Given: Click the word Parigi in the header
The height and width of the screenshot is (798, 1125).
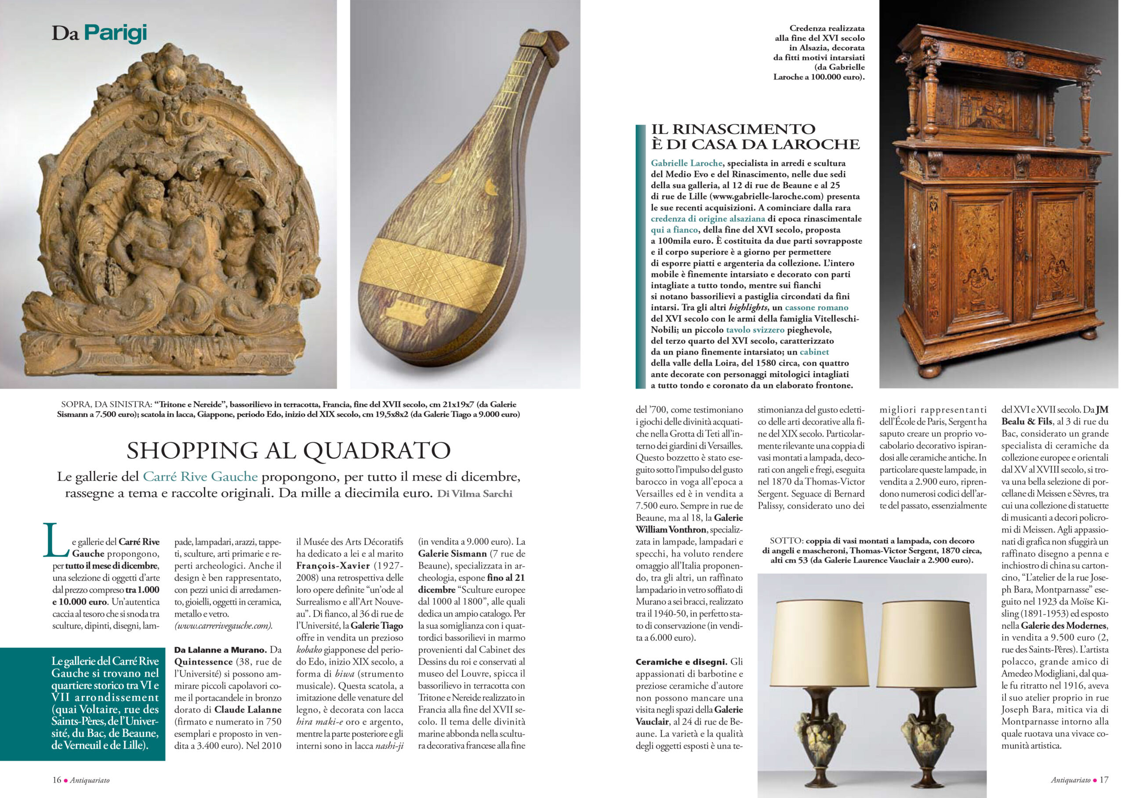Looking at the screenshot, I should [116, 33].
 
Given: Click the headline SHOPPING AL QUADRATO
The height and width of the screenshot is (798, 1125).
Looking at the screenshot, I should [288, 450].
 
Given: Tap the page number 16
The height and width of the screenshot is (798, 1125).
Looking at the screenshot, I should [57, 780].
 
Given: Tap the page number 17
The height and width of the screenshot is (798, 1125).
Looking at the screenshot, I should [1103, 780].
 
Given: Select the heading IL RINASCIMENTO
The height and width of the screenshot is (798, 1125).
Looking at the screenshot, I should [733, 129].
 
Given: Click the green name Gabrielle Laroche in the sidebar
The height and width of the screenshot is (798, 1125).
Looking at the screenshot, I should [686, 163].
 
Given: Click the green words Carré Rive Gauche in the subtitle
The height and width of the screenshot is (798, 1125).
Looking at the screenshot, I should [200, 477].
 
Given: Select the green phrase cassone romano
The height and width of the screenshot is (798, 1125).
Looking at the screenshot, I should [817, 308].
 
